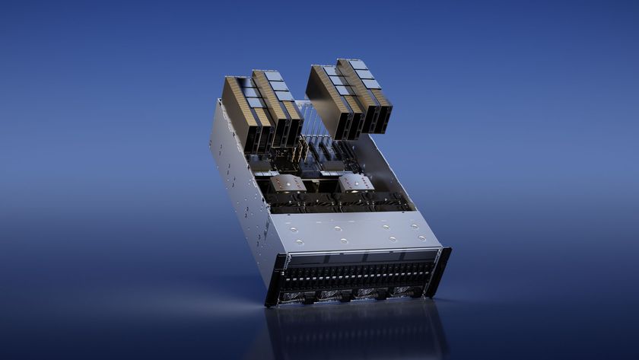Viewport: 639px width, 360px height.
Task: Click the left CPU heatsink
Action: coord(290,183)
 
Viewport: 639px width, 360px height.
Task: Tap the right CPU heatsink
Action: coord(356,183)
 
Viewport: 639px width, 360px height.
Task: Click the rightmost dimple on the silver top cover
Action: coord(421,237)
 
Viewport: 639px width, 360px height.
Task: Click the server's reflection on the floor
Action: coord(358,331)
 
